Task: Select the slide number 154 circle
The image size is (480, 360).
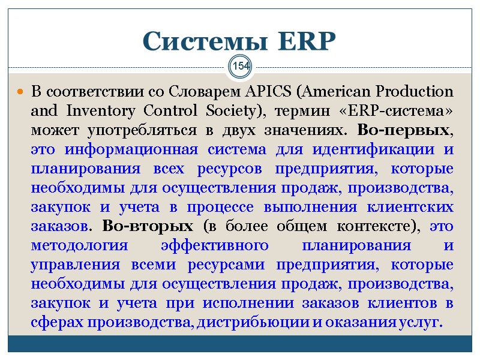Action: [241, 65]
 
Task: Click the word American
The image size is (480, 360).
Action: [334, 92]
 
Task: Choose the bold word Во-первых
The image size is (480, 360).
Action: [403, 130]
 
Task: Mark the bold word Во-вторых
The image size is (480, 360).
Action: [148, 226]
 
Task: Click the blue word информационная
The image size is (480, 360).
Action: [118, 149]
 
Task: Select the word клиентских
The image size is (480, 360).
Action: [413, 207]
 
